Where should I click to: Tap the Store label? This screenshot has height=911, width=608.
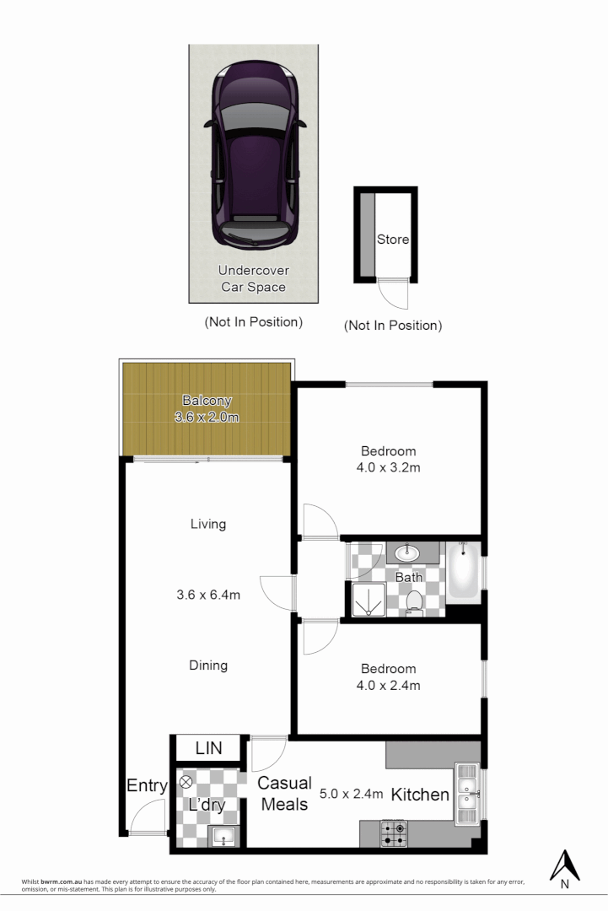(x=392, y=240)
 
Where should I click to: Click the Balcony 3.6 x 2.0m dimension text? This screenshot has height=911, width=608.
(x=207, y=418)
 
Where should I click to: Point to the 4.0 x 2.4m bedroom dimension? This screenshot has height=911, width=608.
(x=388, y=685)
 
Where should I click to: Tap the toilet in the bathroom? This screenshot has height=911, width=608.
(x=414, y=601)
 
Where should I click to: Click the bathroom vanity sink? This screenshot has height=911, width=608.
(x=407, y=553)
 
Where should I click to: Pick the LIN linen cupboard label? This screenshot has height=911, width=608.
(x=208, y=748)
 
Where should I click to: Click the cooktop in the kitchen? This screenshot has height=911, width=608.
(x=393, y=833)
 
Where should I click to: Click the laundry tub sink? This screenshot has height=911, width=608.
(x=223, y=836)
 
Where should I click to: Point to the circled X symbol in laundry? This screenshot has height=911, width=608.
(x=186, y=782)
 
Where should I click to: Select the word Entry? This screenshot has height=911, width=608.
(x=147, y=786)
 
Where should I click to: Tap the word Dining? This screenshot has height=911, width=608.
(x=208, y=666)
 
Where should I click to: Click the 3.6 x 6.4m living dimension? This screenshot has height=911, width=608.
(x=208, y=595)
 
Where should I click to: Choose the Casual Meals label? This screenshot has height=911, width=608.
(x=284, y=794)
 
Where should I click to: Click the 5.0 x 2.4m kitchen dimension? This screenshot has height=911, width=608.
(x=352, y=794)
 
